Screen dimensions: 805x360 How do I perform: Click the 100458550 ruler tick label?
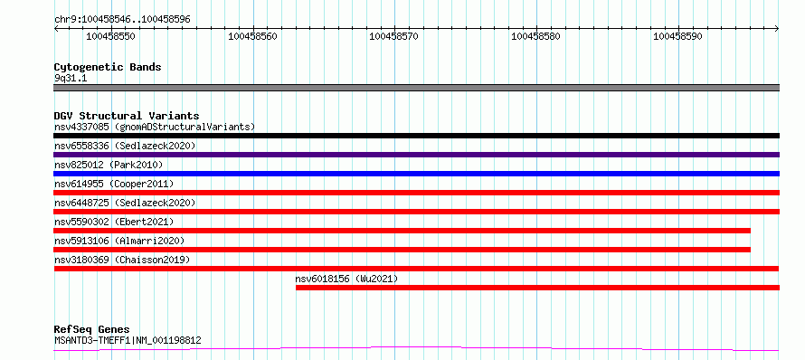click(x=111, y=36)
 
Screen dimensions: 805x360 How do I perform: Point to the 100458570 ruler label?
click(x=394, y=36)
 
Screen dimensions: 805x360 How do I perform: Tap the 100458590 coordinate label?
click(x=677, y=36)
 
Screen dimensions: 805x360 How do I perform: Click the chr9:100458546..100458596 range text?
click(x=122, y=20)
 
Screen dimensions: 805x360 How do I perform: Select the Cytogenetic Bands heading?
click(x=108, y=67)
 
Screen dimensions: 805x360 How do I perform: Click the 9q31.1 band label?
click(x=71, y=78)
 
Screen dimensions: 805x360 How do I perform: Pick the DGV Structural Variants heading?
click(x=127, y=116)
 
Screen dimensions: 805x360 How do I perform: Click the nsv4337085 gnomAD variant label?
click(x=155, y=127)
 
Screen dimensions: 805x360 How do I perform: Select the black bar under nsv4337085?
click(x=416, y=136)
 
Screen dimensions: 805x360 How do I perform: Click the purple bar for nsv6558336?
click(x=416, y=155)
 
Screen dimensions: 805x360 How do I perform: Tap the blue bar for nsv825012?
click(x=416, y=174)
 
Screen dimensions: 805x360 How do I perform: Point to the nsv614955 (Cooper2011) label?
click(x=114, y=184)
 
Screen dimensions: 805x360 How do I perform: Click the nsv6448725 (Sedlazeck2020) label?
click(x=125, y=203)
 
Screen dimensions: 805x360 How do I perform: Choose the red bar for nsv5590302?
click(x=402, y=231)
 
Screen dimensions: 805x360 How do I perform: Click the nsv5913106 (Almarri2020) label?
click(x=119, y=241)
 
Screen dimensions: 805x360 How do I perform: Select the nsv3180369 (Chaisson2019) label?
click(x=122, y=260)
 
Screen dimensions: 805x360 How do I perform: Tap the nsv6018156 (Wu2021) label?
click(x=346, y=279)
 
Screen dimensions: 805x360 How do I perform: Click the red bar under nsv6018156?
click(x=537, y=288)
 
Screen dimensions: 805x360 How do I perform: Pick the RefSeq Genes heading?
click(x=92, y=330)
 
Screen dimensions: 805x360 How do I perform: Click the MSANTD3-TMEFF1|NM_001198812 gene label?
click(x=128, y=340)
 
